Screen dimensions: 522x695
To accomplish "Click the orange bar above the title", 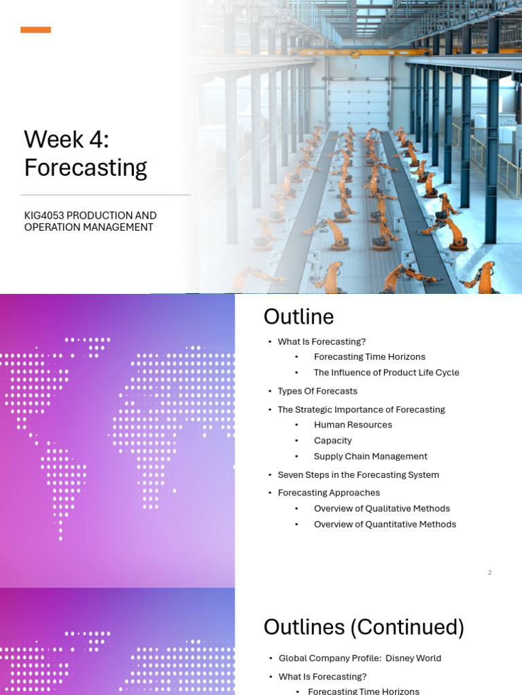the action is (35, 30).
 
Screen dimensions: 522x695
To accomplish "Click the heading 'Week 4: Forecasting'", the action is (85, 153).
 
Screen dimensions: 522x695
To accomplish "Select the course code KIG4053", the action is (44, 215).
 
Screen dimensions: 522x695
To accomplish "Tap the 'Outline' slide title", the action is (299, 316).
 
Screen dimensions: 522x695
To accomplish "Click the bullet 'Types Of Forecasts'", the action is (317, 391).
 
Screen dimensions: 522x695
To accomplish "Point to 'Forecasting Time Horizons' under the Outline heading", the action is (369, 357).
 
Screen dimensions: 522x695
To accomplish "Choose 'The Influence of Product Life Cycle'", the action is (386, 373).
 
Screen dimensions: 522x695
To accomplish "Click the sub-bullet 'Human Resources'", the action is (353, 425).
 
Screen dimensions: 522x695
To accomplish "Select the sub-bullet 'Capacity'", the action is (332, 440).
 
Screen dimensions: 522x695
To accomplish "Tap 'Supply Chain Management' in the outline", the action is (370, 456).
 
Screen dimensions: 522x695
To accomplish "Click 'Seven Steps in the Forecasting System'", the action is (358, 474).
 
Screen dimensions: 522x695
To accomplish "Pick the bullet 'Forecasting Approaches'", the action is (329, 493).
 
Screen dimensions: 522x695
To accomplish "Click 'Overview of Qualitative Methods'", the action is (382, 508).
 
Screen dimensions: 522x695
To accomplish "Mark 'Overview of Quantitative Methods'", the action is (385, 525).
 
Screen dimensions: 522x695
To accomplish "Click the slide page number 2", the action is (489, 573).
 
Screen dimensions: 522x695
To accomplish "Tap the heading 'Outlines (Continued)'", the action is (364, 627).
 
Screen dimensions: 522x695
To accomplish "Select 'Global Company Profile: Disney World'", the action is (360, 658).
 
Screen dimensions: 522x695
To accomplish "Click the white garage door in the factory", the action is (359, 105).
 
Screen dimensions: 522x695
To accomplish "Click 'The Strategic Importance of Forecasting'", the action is (362, 409).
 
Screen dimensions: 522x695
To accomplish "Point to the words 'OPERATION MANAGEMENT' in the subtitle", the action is (89, 227).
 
